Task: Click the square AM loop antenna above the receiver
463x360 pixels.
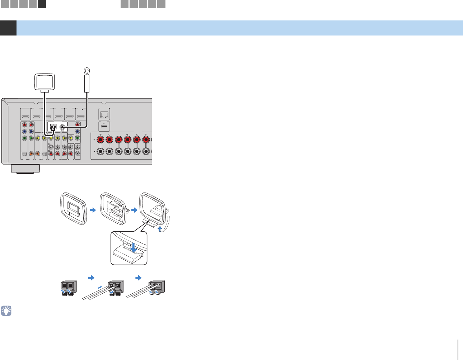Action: (44, 81)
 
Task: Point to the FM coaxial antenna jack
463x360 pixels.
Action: (63, 127)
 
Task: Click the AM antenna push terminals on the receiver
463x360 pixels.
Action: (53, 127)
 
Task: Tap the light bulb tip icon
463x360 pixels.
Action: (6, 311)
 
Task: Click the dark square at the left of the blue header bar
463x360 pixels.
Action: (8, 28)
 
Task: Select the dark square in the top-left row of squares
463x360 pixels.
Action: (42, 4)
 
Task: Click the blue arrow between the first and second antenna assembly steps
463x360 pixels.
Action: (93, 210)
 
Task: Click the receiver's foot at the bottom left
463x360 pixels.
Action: (25, 169)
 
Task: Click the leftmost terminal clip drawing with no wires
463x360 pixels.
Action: (67, 288)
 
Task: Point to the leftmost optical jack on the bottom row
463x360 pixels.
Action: (24, 154)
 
